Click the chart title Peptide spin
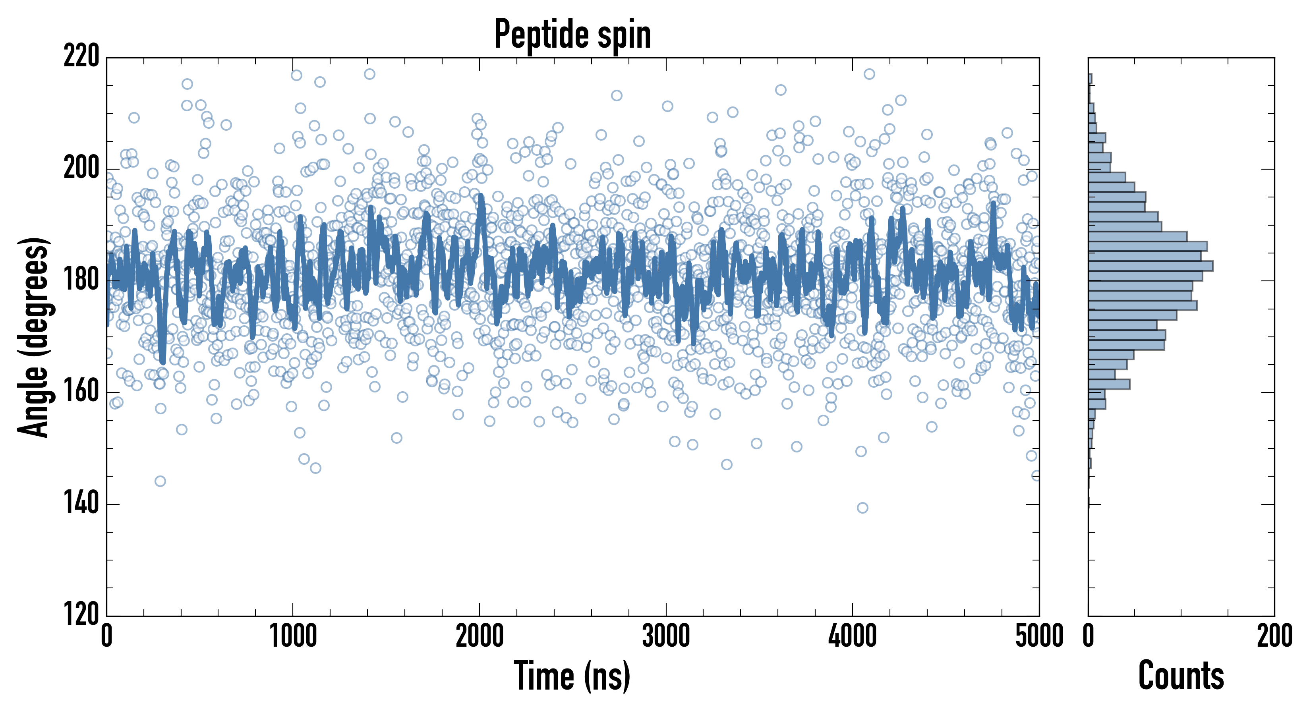click(x=572, y=35)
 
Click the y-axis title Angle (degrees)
click(x=34, y=337)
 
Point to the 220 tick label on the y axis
click(x=81, y=56)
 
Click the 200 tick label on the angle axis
click(x=81, y=168)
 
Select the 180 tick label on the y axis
click(x=81, y=280)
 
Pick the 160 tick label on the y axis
click(x=81, y=392)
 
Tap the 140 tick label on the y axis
click(x=81, y=504)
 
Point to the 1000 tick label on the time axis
click(x=293, y=636)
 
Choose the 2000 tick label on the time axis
click(x=480, y=636)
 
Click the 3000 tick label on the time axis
click(x=666, y=636)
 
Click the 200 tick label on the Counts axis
click(x=1274, y=636)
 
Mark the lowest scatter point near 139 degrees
click(x=862, y=507)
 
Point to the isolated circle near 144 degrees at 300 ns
click(x=160, y=481)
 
